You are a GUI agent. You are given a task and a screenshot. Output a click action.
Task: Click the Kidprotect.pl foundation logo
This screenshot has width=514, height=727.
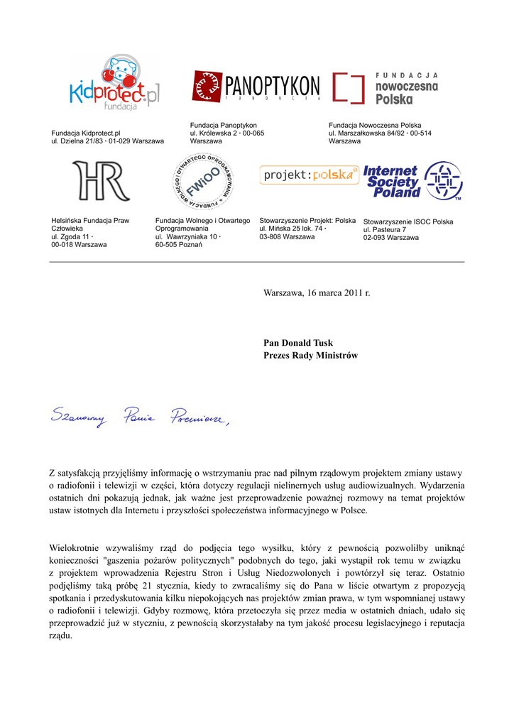[x=114, y=84]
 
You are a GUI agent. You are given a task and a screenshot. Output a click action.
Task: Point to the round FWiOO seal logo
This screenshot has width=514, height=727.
[x=202, y=181]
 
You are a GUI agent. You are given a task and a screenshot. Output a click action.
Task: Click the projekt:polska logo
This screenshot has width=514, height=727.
[x=309, y=175]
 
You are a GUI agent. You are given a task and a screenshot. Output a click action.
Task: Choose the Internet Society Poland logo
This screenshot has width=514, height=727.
[x=412, y=181]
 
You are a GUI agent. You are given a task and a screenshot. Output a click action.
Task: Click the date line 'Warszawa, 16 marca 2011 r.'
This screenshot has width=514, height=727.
[x=317, y=293]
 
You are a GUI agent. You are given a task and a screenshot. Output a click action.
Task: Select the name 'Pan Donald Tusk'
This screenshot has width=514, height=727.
[x=298, y=343]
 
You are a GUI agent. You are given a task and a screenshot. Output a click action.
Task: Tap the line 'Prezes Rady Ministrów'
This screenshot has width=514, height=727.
[x=311, y=355]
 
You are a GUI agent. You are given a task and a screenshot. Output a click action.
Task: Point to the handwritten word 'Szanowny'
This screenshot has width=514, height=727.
[x=78, y=419]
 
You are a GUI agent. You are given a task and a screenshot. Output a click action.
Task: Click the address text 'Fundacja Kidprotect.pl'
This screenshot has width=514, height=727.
[x=86, y=133]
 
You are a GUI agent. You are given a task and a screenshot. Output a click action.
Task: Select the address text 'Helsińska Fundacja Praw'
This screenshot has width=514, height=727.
[x=90, y=221]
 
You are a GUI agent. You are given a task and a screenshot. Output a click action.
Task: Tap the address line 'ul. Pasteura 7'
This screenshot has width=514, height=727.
[x=385, y=230]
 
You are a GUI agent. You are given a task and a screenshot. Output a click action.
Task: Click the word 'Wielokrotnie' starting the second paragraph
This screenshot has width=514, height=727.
[x=77, y=547]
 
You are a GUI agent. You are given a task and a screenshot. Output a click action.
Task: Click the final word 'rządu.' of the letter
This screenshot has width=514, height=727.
[x=60, y=635]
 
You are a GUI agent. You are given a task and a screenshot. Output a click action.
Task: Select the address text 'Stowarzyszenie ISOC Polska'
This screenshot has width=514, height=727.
[x=408, y=222]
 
